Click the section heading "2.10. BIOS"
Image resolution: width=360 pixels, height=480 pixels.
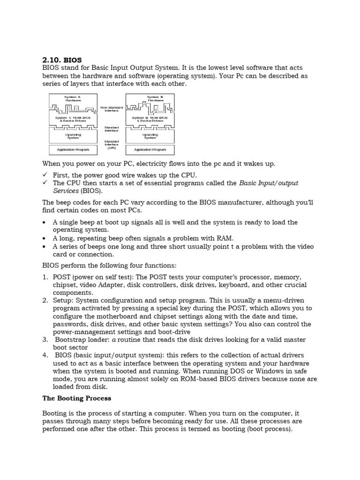point(62,60)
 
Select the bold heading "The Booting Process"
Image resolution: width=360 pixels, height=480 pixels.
point(76,398)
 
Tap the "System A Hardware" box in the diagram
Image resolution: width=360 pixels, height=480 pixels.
point(73,99)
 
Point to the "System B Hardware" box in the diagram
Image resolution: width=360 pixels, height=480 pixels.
point(155,99)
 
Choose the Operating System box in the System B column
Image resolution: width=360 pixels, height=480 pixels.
point(150,136)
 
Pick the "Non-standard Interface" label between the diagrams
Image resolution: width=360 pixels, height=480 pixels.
point(111,109)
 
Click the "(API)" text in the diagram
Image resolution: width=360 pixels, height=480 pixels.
point(112,148)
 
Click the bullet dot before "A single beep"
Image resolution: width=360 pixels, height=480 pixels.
point(44,223)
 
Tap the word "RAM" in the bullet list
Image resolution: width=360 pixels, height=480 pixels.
point(223,239)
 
